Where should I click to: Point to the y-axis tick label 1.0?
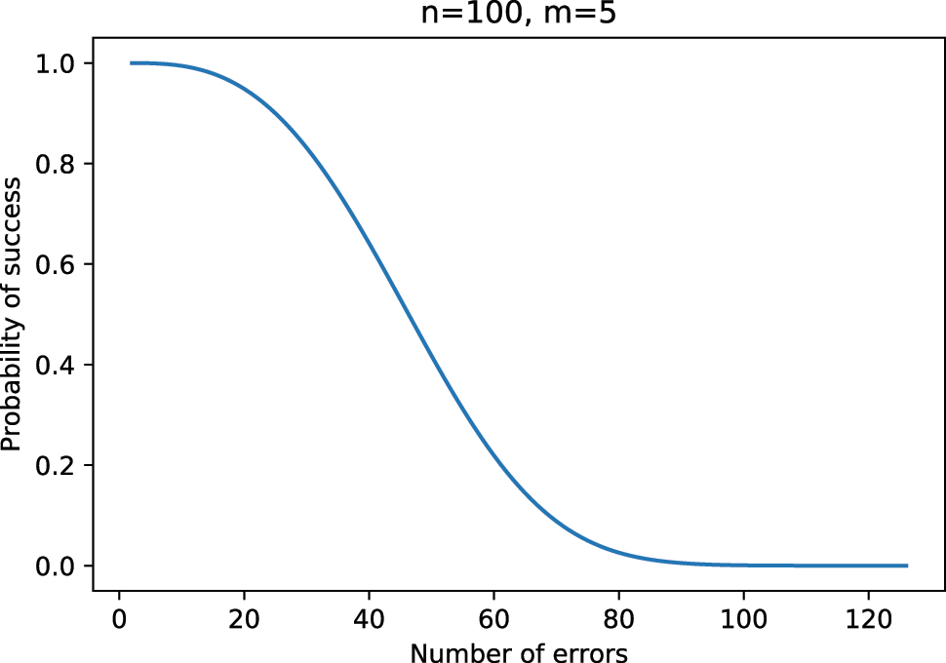click(x=56, y=63)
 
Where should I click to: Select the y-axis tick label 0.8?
click(x=56, y=164)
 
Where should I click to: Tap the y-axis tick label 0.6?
click(x=56, y=264)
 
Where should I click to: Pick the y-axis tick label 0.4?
click(x=56, y=365)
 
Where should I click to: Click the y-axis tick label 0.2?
click(x=56, y=465)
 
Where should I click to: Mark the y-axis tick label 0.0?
click(x=56, y=565)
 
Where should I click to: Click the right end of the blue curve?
click(x=907, y=565)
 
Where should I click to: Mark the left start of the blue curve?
click(x=132, y=63)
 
